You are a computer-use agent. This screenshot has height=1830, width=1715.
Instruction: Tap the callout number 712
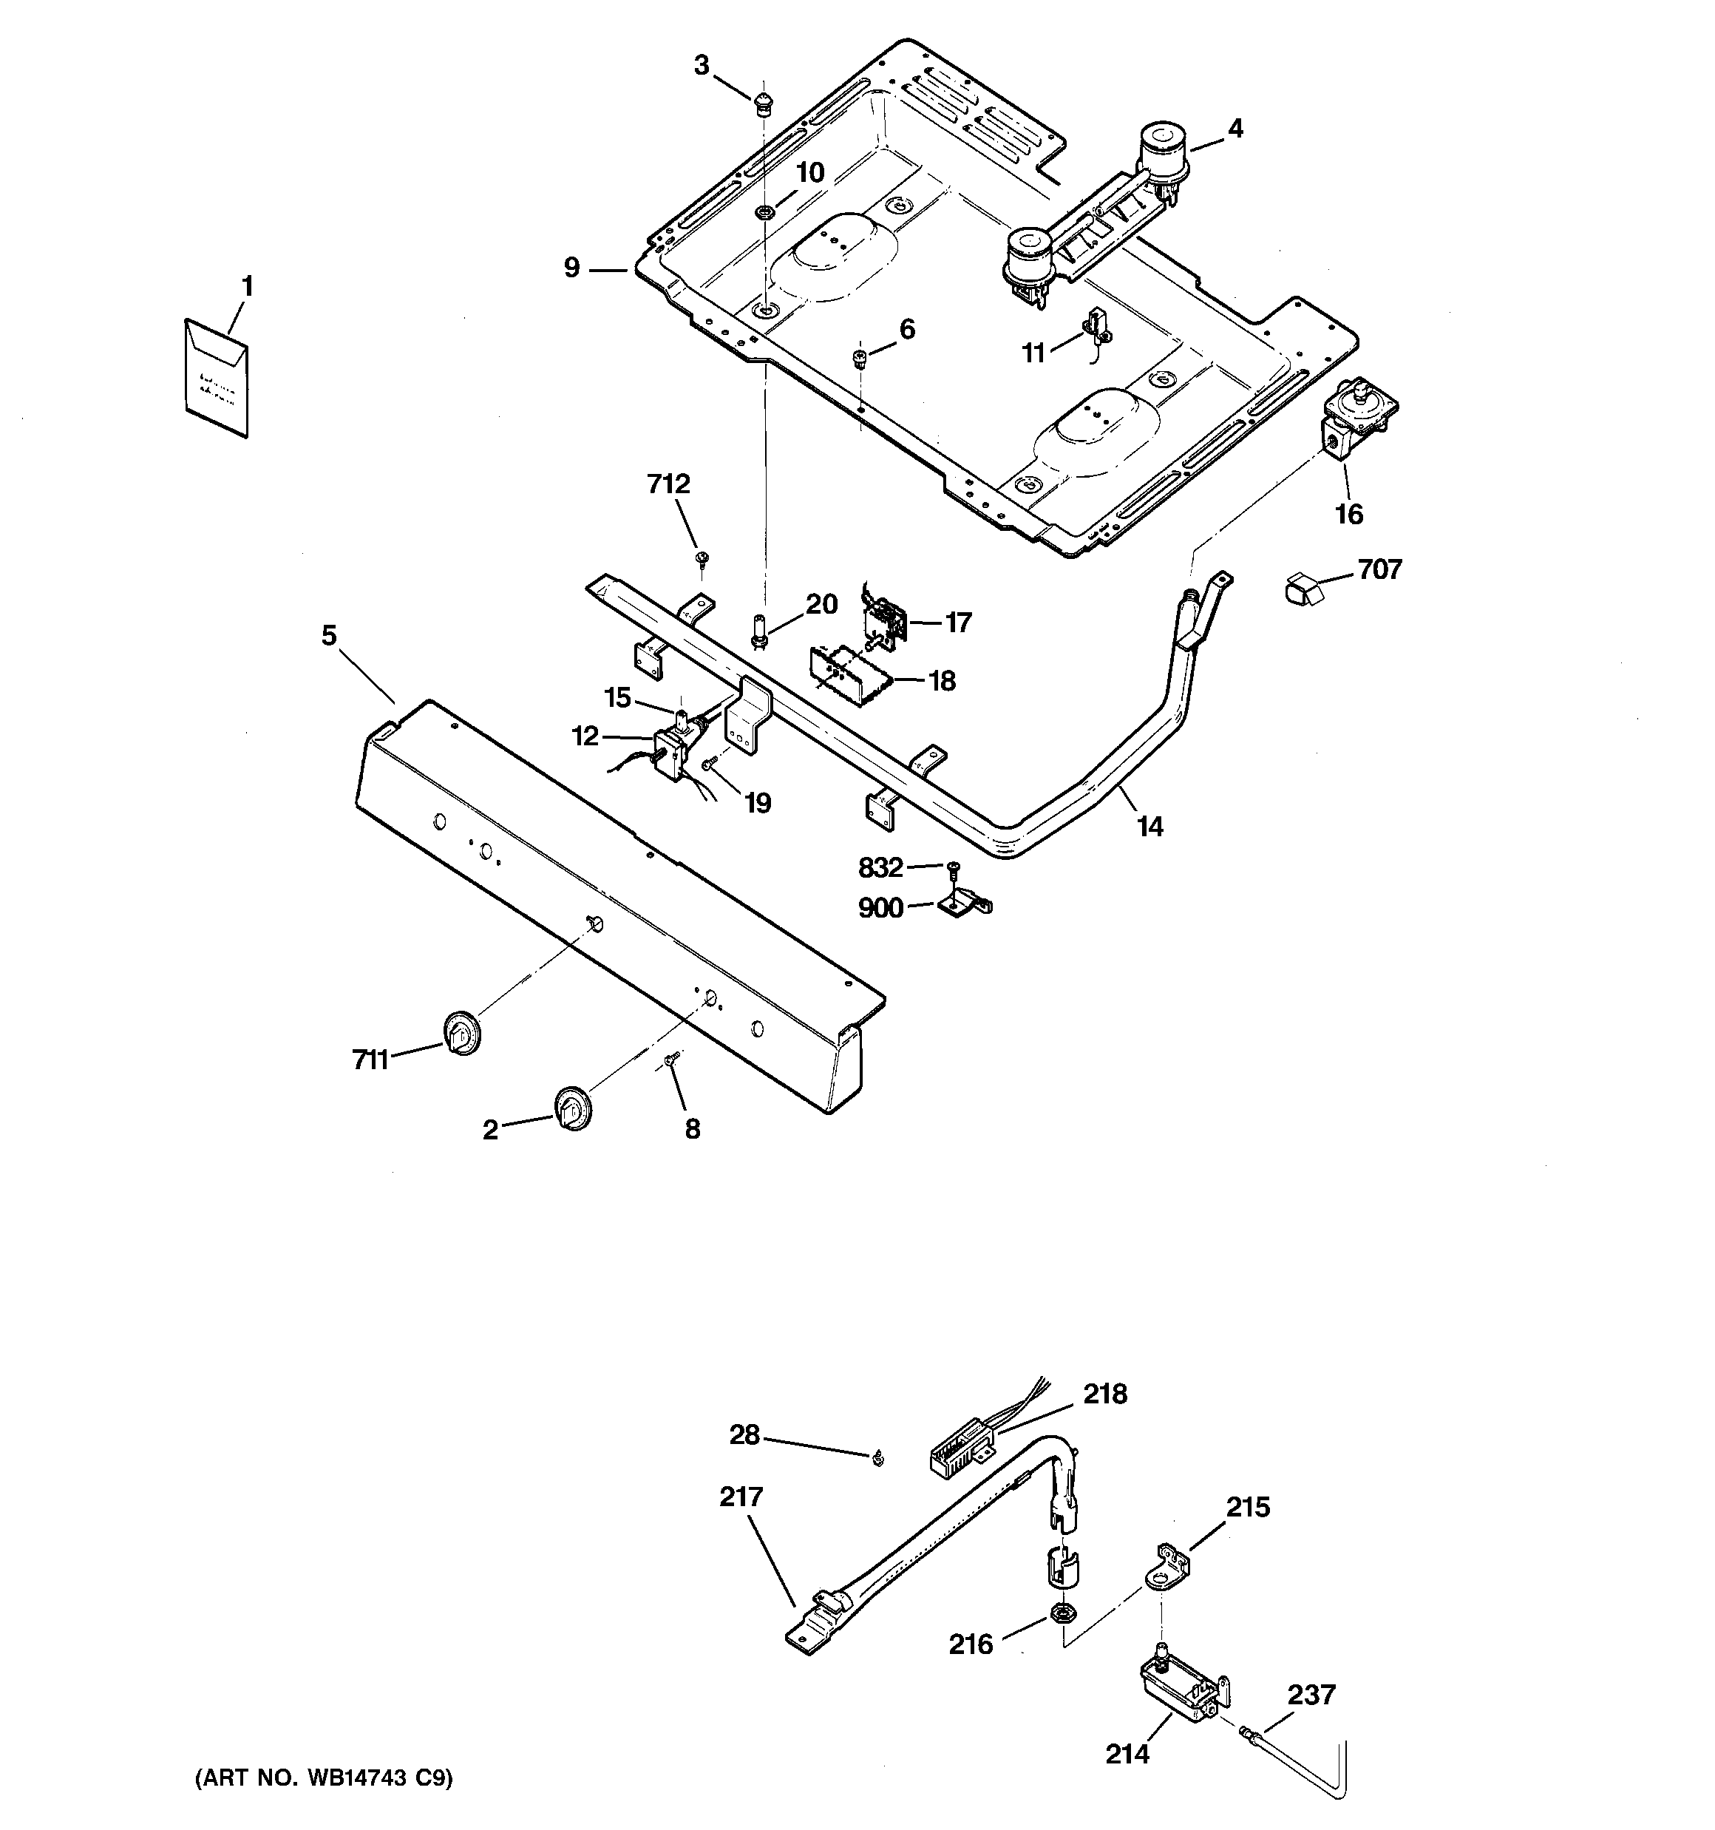[x=668, y=484]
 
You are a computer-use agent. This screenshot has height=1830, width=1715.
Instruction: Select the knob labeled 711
[x=462, y=1032]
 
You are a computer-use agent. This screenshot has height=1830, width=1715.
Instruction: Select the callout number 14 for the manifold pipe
[x=1149, y=827]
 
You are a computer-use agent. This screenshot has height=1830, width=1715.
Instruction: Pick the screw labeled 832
[x=952, y=868]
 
